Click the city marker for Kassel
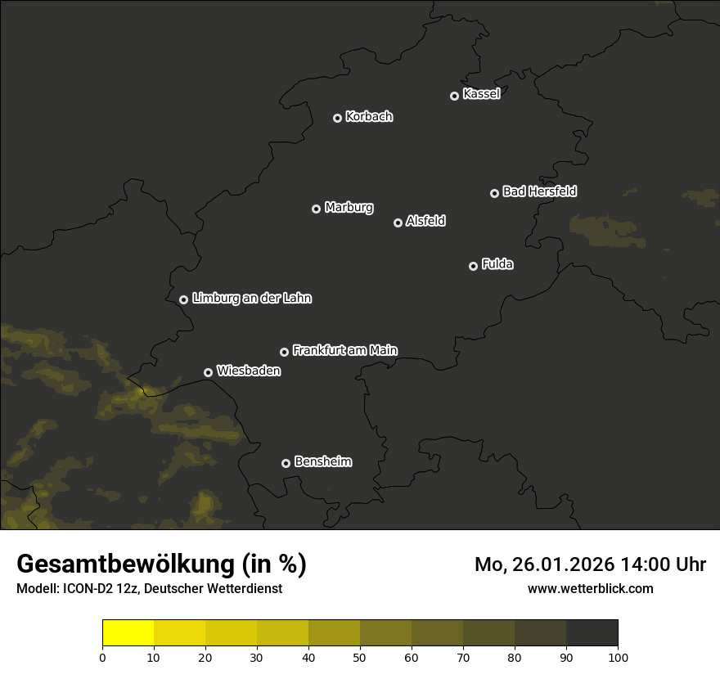point(454,96)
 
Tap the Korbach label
point(369,116)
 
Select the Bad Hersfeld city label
point(539,191)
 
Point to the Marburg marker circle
point(316,209)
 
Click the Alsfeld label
point(425,221)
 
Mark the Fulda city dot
point(473,266)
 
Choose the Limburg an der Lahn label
point(251,299)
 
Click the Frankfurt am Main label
point(344,350)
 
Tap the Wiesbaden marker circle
point(208,372)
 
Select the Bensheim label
point(322,461)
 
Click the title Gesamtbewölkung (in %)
point(161,564)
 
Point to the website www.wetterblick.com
point(590,588)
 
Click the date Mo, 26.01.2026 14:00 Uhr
point(590,564)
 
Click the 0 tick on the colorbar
point(102,657)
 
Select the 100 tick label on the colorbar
point(618,657)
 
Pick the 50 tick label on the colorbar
point(360,657)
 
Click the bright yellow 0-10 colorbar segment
point(128,632)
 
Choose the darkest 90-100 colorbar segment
point(592,632)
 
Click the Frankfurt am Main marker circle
point(284,352)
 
